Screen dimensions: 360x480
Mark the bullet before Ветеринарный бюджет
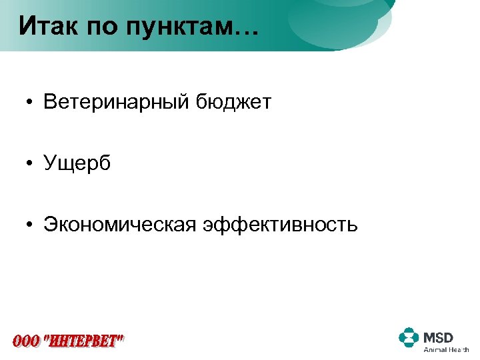(30, 103)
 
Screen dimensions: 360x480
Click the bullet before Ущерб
(30, 164)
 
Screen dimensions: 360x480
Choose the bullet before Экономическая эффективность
(30, 225)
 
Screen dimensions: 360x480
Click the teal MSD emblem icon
(409, 338)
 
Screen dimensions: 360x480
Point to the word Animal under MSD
(435, 349)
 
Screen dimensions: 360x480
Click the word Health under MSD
(459, 349)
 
